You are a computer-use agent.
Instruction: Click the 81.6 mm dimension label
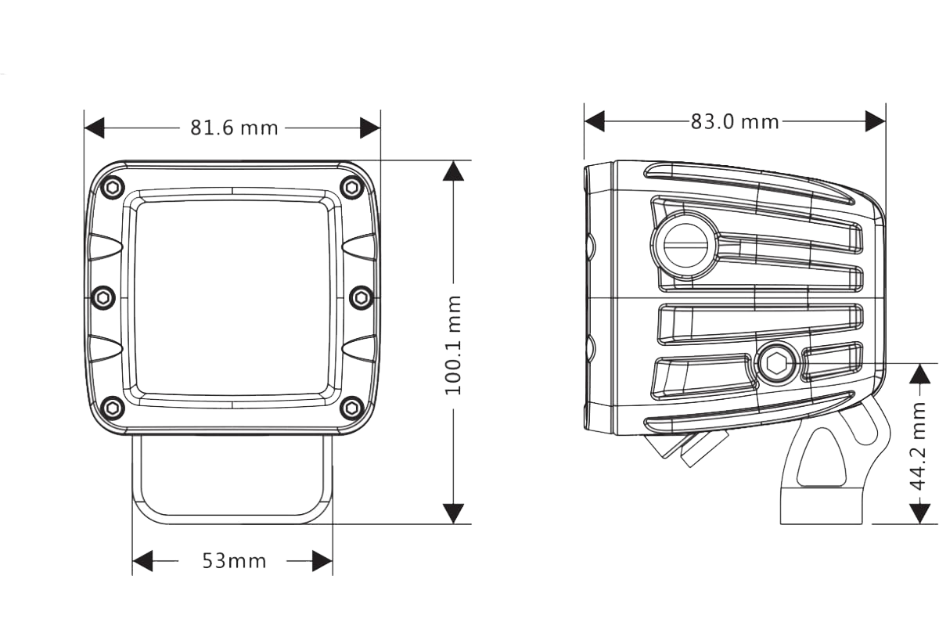pos(234,128)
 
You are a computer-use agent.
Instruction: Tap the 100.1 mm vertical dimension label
pos(455,344)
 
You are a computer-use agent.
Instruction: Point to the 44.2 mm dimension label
pos(919,445)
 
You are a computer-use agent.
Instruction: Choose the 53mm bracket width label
pos(234,561)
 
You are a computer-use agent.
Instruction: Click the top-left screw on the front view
pos(113,187)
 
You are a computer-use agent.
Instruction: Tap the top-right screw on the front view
pos(353,187)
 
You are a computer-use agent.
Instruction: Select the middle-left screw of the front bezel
pos(103,297)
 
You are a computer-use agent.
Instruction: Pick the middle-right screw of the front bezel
pos(362,297)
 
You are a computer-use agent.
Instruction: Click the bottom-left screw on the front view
pos(113,407)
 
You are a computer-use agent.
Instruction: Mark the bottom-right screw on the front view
pos(353,407)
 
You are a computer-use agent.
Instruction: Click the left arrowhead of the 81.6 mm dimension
pos(95,128)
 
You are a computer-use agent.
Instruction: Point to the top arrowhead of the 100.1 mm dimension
pos(453,171)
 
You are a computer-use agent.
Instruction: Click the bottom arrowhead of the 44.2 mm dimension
pos(920,513)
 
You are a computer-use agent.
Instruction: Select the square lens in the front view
pos(232,297)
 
